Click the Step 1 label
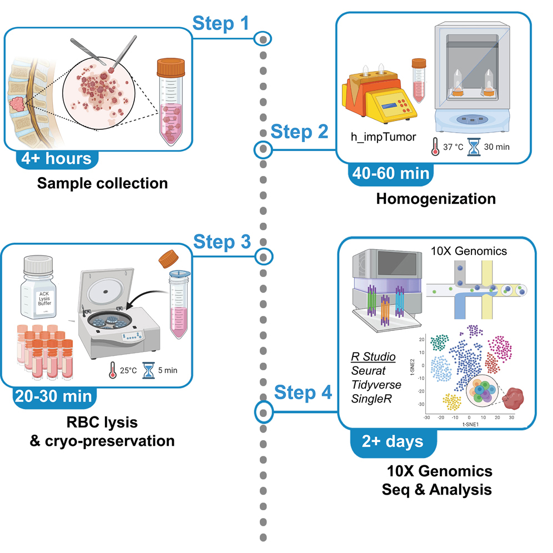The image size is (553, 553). [x=221, y=23]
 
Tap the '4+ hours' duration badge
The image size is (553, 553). [x=57, y=159]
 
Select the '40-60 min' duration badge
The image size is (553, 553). [x=390, y=173]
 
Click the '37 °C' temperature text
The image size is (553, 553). [x=451, y=147]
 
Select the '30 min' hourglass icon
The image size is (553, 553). [x=475, y=147]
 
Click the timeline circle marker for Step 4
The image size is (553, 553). [x=263, y=411]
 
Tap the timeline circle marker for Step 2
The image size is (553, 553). [x=263, y=149]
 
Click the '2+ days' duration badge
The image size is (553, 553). [x=393, y=442]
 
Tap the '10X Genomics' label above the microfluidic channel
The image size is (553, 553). [x=469, y=251]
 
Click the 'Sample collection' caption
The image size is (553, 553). [x=102, y=183]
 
